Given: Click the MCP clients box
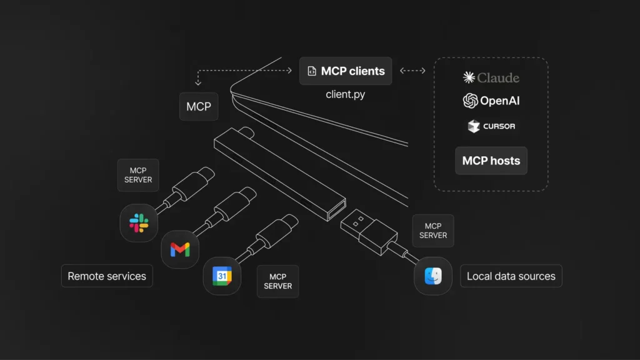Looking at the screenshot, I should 346,71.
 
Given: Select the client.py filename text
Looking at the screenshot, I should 346,95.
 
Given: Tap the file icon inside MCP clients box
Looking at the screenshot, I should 311,71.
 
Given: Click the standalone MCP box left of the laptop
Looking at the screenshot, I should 199,106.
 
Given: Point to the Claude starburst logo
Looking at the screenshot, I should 469,77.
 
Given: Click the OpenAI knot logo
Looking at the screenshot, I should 470,101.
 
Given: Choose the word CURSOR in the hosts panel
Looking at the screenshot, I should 499,126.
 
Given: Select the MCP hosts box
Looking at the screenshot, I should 491,161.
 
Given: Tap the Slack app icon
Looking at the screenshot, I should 138,222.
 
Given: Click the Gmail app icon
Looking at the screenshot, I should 180,250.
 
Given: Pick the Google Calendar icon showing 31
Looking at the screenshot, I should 222,276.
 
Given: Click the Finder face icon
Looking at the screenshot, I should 433,276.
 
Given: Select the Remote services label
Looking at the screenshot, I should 107,276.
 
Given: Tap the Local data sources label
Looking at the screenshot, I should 511,276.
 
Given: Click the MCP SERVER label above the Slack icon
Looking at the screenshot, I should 138,175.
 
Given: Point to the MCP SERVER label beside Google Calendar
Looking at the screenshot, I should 278,281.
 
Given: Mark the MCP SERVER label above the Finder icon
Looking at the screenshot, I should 433,231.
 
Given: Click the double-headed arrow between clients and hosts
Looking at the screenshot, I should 412,71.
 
